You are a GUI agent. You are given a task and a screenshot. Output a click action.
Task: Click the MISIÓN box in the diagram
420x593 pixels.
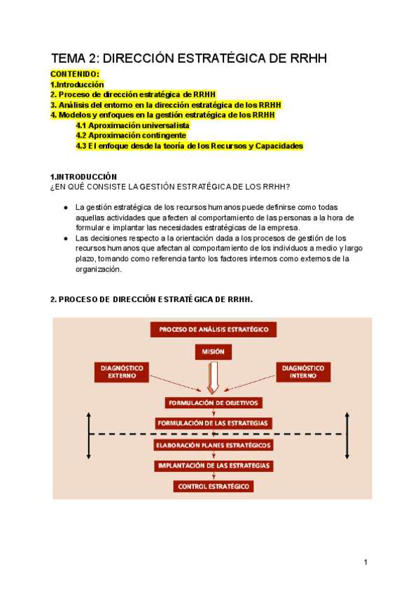213,353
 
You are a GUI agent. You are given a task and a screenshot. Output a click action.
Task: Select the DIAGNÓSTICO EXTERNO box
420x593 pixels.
121,371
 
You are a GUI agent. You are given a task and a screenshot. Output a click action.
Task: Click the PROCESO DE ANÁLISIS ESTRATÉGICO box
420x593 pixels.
213,329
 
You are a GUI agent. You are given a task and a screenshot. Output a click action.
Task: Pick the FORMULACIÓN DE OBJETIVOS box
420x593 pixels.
213,403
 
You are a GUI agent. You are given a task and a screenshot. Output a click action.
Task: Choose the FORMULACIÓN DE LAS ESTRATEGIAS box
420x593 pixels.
213,423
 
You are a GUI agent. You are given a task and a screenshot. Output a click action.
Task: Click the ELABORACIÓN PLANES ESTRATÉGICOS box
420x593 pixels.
213,444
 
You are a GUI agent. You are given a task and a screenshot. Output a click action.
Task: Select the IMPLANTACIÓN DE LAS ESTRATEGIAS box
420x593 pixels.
213,465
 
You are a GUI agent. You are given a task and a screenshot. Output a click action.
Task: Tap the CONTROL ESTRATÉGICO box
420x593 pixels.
213,486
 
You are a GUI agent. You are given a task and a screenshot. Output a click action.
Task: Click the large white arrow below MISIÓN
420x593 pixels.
213,377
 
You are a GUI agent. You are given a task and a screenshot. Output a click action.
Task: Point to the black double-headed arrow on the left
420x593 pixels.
89,435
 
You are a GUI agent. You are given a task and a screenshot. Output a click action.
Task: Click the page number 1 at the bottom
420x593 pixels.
365,562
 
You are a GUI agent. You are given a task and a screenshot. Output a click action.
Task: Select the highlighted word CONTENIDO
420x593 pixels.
75,74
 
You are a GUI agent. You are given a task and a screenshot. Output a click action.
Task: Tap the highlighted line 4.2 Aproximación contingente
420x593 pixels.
131,136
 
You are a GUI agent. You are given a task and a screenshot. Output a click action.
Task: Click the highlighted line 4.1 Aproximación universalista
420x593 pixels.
132,125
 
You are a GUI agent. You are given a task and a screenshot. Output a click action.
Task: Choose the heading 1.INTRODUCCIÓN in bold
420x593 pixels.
83,176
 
